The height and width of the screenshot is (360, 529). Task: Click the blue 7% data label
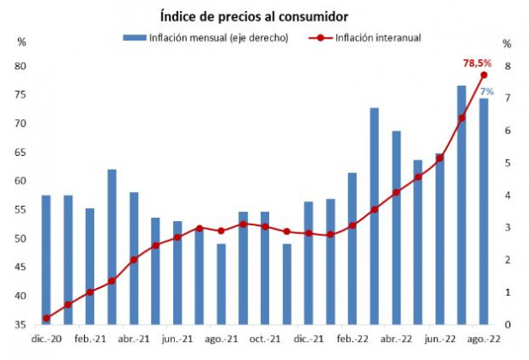coord(485,91)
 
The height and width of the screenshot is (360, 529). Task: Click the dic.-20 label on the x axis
coord(45,339)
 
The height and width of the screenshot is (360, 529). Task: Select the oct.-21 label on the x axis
coord(264,339)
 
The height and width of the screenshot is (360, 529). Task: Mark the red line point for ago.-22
coord(484,75)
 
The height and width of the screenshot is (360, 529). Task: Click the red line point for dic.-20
coord(45,318)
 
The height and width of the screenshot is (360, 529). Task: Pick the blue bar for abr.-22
coord(396,227)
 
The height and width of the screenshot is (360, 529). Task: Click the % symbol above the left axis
coord(22,43)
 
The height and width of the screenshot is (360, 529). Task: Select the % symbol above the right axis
coord(507,44)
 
